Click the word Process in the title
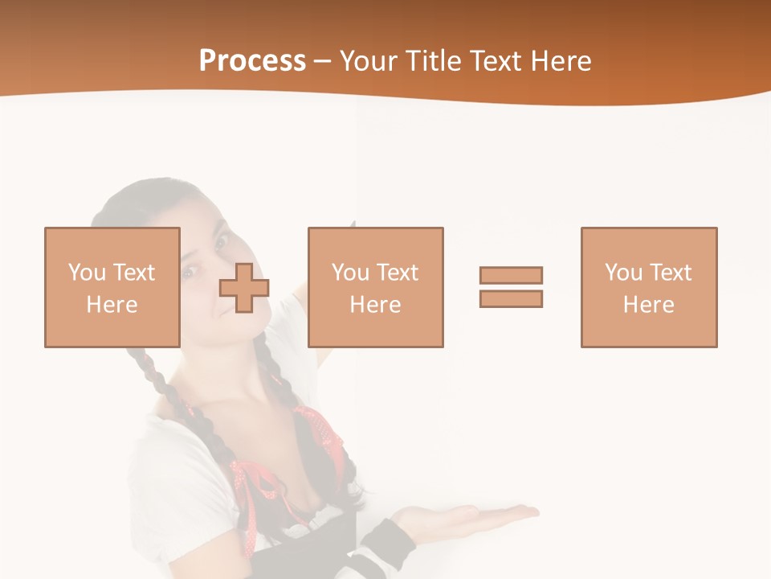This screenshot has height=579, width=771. (252, 61)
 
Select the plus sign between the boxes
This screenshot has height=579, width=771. (244, 287)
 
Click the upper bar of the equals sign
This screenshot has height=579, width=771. (511, 275)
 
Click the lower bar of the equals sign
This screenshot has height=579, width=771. (511, 298)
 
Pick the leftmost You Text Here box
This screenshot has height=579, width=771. (112, 287)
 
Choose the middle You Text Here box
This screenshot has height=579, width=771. (375, 287)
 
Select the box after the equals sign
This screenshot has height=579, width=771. (648, 287)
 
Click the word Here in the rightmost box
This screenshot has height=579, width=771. (648, 305)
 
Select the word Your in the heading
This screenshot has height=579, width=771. (369, 61)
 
